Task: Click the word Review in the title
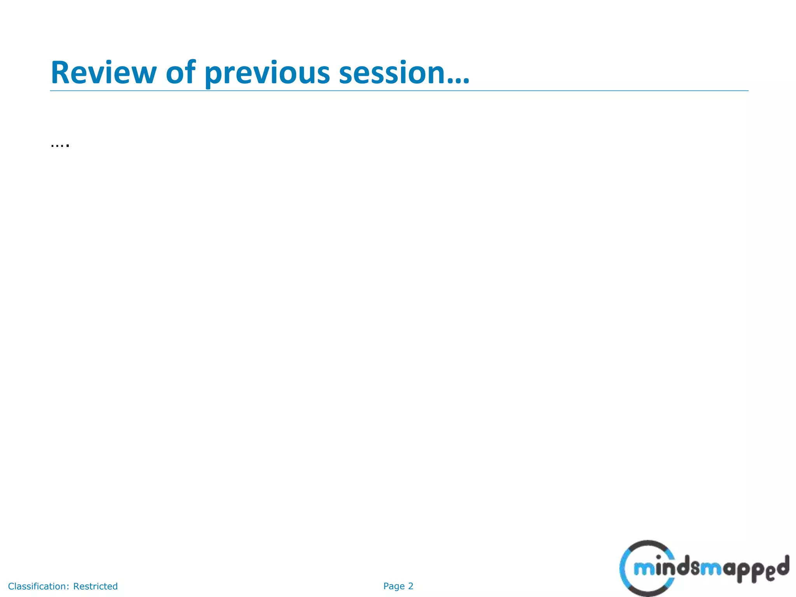pos(103,73)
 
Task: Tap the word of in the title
pos(180,73)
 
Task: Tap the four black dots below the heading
pos(60,146)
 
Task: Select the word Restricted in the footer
pos(95,586)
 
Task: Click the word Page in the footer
pos(394,586)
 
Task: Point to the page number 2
pos(410,586)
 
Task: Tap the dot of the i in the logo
pos(658,557)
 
